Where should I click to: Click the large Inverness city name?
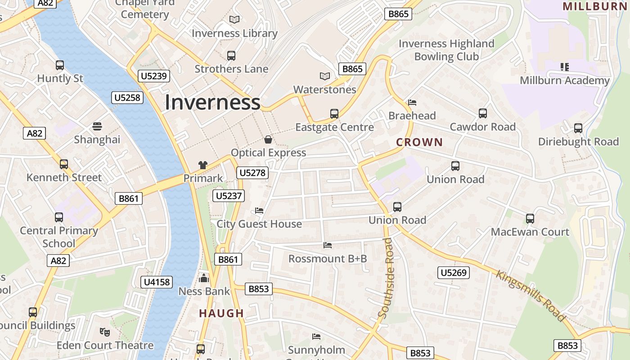(212, 103)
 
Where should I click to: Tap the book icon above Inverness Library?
(234, 19)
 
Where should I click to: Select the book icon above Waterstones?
(325, 76)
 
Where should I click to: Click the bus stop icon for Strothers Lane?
(231, 56)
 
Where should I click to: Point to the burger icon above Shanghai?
(97, 126)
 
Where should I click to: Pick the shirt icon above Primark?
(203, 165)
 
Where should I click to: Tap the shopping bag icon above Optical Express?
(268, 139)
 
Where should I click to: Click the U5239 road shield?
(154, 76)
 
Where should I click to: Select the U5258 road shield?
(127, 98)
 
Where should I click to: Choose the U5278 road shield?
(253, 173)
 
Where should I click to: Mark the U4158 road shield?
(157, 282)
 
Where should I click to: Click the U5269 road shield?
(454, 273)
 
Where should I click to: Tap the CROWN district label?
(419, 143)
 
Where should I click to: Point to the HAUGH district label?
(221, 313)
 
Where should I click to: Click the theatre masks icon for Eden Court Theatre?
(105, 332)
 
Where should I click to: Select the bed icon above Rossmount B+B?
(328, 245)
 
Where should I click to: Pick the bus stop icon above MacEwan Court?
(530, 219)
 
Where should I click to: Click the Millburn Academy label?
(564, 81)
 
